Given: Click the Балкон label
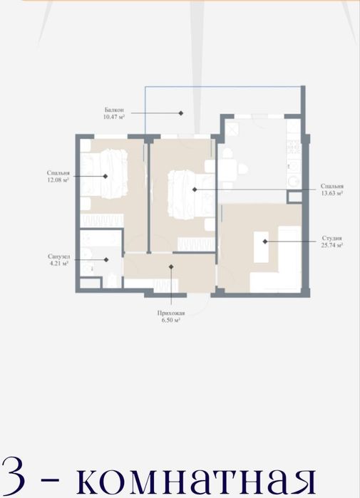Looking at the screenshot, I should [x=115, y=110].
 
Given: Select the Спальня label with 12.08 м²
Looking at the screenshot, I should [x=59, y=173].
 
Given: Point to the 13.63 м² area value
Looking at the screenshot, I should [x=331, y=193].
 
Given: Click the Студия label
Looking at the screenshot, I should [x=331, y=239].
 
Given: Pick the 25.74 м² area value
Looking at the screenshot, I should [x=331, y=245].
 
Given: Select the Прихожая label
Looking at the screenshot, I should [x=171, y=313].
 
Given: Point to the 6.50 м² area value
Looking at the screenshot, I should [x=171, y=321].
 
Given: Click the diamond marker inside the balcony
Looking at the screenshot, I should [x=181, y=113].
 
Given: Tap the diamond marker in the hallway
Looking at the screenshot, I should [x=172, y=266].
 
